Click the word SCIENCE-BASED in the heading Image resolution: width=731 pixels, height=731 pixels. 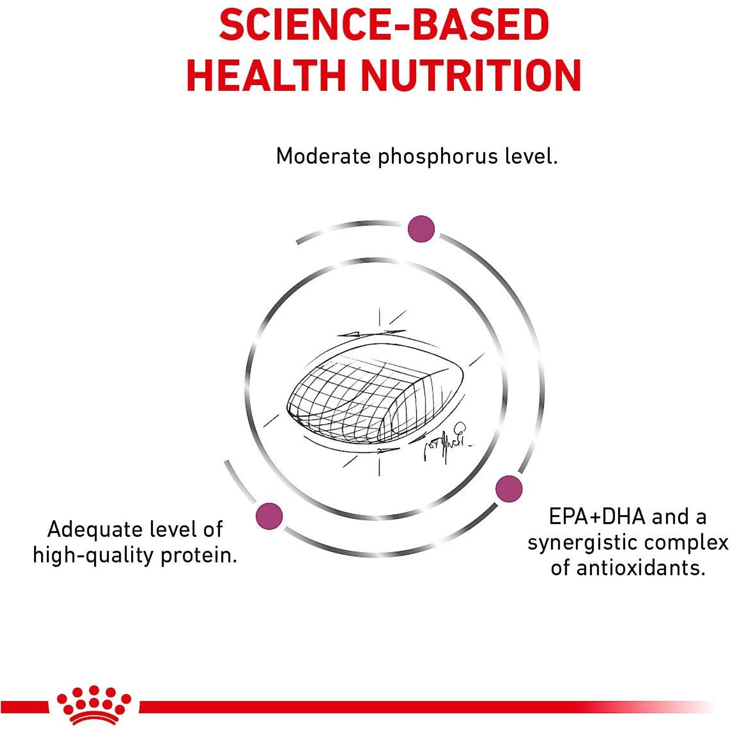pyautogui.click(x=384, y=25)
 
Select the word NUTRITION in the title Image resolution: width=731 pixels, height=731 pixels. pyautogui.click(x=471, y=76)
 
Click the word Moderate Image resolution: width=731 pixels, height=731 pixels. pyautogui.click(x=323, y=156)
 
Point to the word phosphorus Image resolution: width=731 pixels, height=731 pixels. pyautogui.click(x=438, y=158)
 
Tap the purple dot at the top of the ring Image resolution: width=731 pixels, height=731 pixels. pyautogui.click(x=421, y=229)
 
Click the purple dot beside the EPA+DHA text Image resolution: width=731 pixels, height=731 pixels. pyautogui.click(x=509, y=489)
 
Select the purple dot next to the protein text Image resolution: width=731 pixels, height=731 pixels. pyautogui.click(x=269, y=516)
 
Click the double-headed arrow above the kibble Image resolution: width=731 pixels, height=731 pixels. pyautogui.click(x=371, y=333)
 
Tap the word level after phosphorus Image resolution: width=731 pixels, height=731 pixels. pyautogui.click(x=531, y=156)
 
